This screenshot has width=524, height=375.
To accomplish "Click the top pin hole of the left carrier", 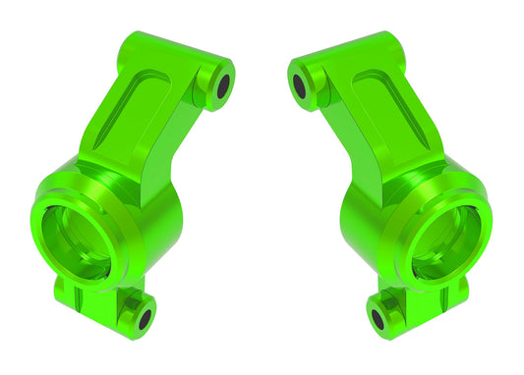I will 222,84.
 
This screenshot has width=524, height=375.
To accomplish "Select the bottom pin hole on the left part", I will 145,318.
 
